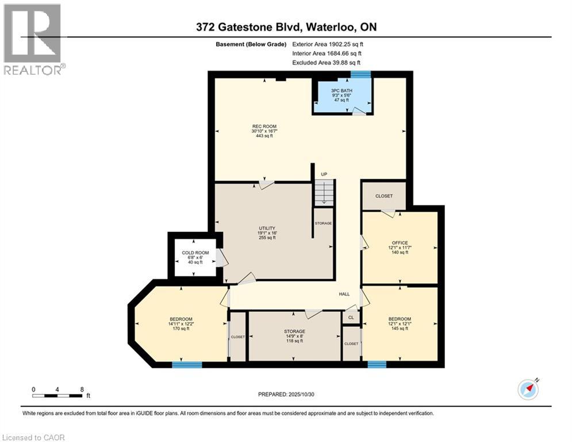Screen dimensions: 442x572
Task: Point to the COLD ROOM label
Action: tap(195, 253)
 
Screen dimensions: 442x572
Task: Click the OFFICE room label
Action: tap(400, 243)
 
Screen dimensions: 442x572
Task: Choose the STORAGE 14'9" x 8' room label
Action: tap(294, 331)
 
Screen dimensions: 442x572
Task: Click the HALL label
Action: tap(344, 294)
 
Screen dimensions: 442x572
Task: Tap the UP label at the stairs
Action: tap(324, 173)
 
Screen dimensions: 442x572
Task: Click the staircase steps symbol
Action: tap(324, 192)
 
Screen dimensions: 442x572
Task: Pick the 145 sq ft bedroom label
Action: tap(400, 319)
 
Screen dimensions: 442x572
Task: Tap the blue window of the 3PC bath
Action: tap(360, 74)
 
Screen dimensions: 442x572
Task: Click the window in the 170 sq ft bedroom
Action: tap(187, 364)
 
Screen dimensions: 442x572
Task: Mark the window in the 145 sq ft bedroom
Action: tap(377, 364)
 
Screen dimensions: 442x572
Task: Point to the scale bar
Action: tap(57, 395)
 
